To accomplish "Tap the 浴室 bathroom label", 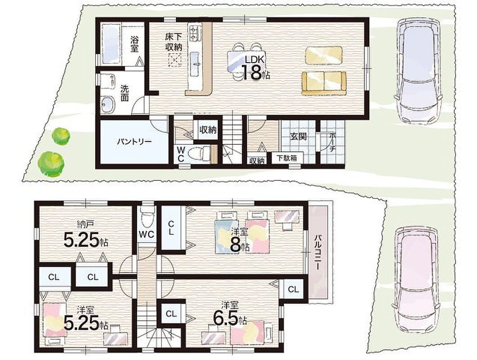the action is point(134,44).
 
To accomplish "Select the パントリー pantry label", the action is point(134,142).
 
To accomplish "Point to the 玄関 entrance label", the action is point(297,136).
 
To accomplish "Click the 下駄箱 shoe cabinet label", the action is point(287,158).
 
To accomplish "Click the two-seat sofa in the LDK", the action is point(324,83).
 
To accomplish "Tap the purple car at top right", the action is point(418,71).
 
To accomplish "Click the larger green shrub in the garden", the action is point(51,163).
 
